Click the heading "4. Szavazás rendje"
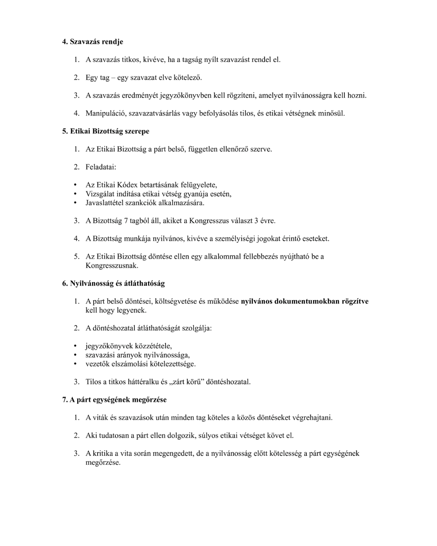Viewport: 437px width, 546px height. pyautogui.click(x=92, y=42)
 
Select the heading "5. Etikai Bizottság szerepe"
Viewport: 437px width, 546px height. pyautogui.click(x=106, y=131)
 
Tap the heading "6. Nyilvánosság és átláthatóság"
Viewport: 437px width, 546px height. pyautogui.click(x=113, y=283)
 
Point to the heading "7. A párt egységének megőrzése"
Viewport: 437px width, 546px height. pyautogui.click(x=114, y=400)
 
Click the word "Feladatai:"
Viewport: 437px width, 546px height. pyautogui.click(x=101, y=167)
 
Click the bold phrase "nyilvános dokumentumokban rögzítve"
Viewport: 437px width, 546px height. pyautogui.click(x=305, y=301)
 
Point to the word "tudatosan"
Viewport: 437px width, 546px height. pyautogui.click(x=115, y=436)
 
